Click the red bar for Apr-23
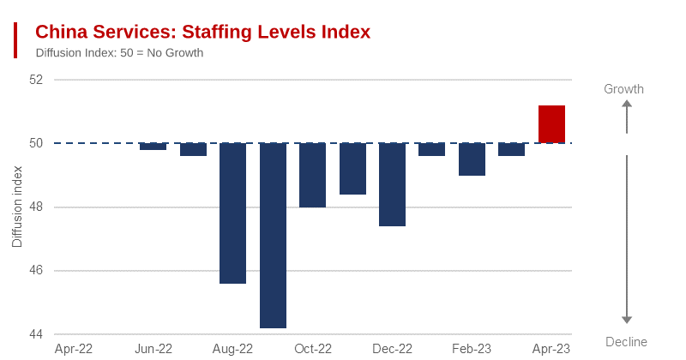pyautogui.click(x=551, y=124)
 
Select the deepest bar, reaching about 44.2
pyautogui.click(x=273, y=236)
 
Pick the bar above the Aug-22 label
pyautogui.click(x=233, y=213)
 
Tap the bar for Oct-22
pyautogui.click(x=312, y=176)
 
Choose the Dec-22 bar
pyautogui.click(x=392, y=185)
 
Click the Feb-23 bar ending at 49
pyautogui.click(x=472, y=159)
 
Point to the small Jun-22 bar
pyautogui.click(x=153, y=147)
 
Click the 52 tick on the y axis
pyautogui.click(x=35, y=80)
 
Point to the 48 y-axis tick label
pyautogui.click(x=35, y=207)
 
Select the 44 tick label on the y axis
pyautogui.click(x=35, y=334)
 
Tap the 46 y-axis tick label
pyautogui.click(x=35, y=271)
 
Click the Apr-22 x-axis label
pyautogui.click(x=74, y=349)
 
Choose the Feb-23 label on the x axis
pyautogui.click(x=472, y=349)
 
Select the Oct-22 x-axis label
pyautogui.click(x=313, y=349)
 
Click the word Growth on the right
pyautogui.click(x=623, y=89)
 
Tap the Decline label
pyautogui.click(x=626, y=342)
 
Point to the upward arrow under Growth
pyautogui.click(x=627, y=116)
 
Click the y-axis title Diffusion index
pyautogui.click(x=17, y=207)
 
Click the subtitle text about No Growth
pyautogui.click(x=119, y=53)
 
